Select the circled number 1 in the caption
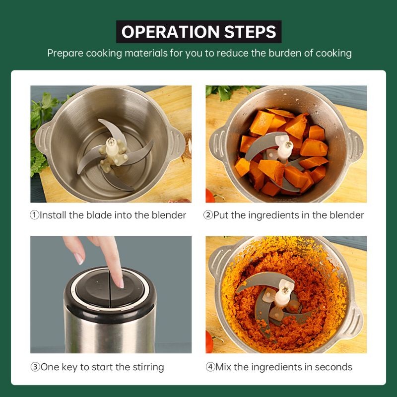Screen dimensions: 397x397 click(x=35, y=215)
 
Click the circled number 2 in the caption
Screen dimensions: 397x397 click(x=208, y=215)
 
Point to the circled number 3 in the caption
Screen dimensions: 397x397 click(x=35, y=367)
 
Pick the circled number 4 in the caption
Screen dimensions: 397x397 click(x=210, y=367)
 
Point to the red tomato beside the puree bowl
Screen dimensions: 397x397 click(x=209, y=342)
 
